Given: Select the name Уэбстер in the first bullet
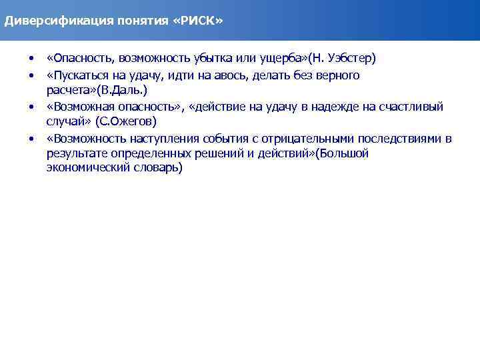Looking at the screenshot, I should (349, 58).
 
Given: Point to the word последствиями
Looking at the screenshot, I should (400, 139).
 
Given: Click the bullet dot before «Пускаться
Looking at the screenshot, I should (31, 75).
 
